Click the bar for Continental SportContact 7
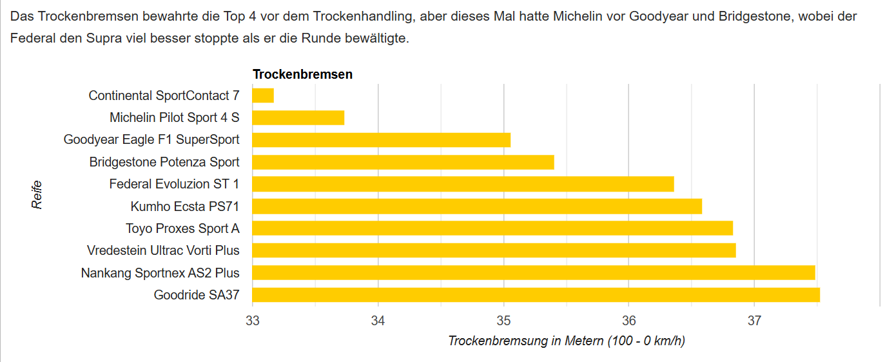263,96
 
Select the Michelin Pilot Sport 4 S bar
298,117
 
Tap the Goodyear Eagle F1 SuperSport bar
381,139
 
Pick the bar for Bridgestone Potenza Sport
403,162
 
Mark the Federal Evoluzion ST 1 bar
463,184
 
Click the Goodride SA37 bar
536,295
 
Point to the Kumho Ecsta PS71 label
184,206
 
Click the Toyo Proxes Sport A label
182,228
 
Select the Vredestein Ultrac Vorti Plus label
163,250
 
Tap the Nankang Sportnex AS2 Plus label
160,273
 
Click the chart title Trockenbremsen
302,74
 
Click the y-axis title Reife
37,194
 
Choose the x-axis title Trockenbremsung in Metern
566,341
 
